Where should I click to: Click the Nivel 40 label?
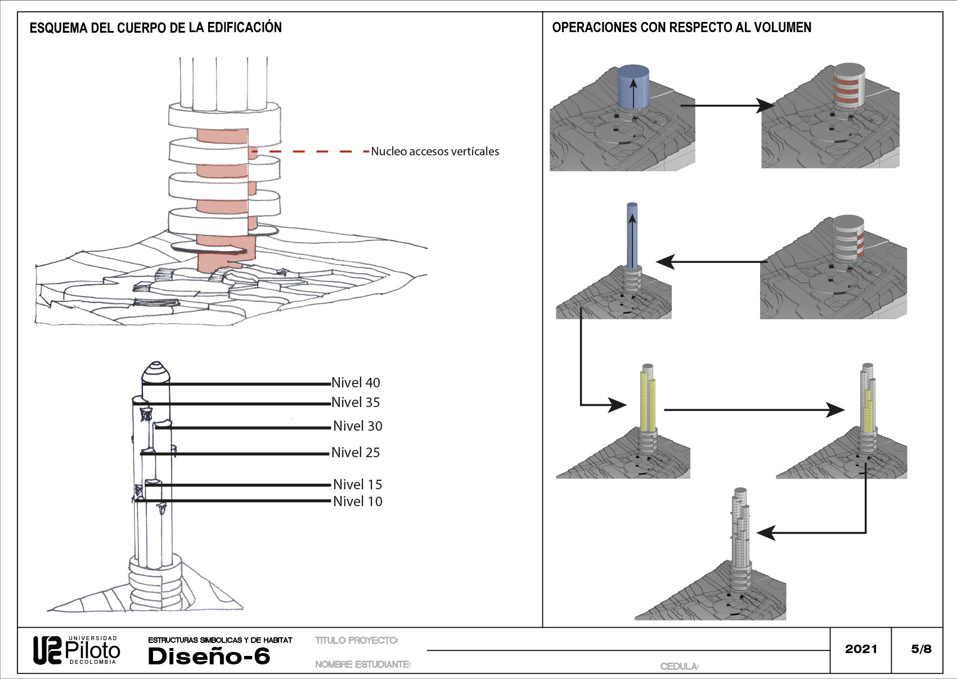[x=356, y=383]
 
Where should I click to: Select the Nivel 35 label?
[x=356, y=403]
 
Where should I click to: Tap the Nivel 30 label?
[x=357, y=426]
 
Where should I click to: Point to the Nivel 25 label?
[x=356, y=453]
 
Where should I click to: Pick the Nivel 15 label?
[x=357, y=485]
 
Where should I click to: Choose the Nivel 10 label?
[x=357, y=502]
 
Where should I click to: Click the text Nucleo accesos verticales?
[x=435, y=151]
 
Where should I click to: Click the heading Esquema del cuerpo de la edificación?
[x=155, y=28]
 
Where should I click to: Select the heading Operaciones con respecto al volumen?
[x=681, y=28]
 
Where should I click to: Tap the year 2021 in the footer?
[x=861, y=649]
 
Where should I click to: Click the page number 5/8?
[x=921, y=649]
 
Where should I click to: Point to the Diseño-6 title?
[x=209, y=656]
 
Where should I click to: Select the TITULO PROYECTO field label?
[x=357, y=641]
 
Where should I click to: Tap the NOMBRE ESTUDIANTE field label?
[x=363, y=665]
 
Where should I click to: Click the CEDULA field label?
[x=680, y=667]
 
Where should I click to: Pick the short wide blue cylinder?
[x=633, y=87]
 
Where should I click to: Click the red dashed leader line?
[x=309, y=151]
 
